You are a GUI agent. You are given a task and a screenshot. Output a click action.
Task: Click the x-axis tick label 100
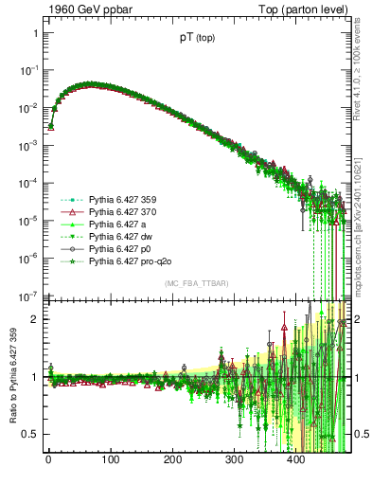coord(111,460)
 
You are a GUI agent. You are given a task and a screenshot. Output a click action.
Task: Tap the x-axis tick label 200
coord(172,460)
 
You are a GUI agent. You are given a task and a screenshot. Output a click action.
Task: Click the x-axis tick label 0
coord(48,460)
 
